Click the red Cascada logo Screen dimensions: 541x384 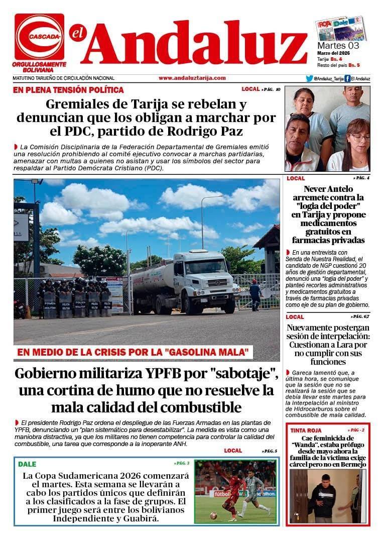point(39,37)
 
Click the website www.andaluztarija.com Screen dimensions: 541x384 point(192,78)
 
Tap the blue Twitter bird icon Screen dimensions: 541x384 point(310,78)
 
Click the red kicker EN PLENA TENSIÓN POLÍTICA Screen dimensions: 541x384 point(68,90)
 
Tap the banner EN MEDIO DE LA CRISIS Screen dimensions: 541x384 point(133,353)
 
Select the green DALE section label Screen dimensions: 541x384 point(27,464)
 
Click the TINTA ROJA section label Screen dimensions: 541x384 point(306,430)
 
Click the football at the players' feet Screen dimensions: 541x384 point(213,515)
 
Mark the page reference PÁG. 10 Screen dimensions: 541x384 point(271,89)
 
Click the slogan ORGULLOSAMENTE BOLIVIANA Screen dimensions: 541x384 point(39,67)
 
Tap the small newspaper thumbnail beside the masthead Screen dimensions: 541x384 point(341,29)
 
